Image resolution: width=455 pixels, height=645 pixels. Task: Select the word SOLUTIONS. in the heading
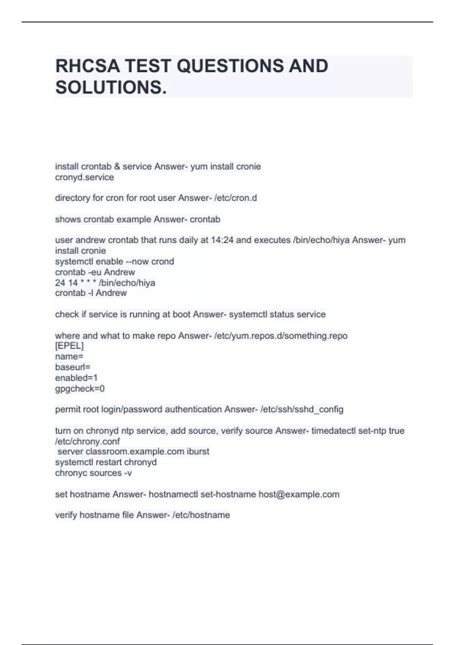(x=111, y=87)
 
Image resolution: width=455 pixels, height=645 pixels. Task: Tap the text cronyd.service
(x=84, y=177)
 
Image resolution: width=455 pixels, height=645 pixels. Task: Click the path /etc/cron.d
(x=235, y=198)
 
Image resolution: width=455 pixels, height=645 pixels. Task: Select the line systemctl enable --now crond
(x=114, y=261)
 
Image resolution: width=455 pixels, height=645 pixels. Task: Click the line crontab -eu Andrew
(x=95, y=272)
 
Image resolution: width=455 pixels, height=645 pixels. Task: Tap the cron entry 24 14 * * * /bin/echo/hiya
(x=105, y=283)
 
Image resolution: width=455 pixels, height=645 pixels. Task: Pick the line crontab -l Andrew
(x=91, y=293)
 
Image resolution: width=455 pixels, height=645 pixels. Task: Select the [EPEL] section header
(x=69, y=346)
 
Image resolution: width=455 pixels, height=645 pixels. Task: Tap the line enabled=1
(x=76, y=378)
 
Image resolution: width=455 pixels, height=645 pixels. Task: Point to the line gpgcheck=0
(x=80, y=389)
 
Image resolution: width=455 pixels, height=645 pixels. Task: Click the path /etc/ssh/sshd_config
(x=302, y=409)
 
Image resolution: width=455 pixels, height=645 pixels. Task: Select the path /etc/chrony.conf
(x=87, y=441)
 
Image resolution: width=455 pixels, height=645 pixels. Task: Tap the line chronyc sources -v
(x=93, y=473)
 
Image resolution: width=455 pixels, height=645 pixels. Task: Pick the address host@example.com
(x=299, y=494)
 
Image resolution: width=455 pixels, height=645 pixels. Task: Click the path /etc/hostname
(x=201, y=515)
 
